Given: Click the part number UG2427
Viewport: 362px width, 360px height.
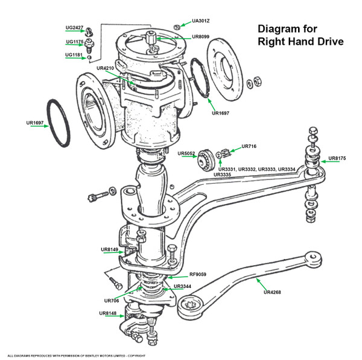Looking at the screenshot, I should (x=75, y=27).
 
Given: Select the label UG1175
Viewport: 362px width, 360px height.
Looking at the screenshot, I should (x=75, y=42).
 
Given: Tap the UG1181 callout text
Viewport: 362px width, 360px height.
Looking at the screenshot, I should (x=75, y=55).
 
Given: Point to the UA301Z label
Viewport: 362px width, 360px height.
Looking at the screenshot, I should (x=201, y=21).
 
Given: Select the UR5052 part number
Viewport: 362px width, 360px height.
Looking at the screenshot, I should (x=187, y=153).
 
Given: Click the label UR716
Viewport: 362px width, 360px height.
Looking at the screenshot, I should (x=249, y=146).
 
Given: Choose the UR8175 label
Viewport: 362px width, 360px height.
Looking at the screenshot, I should (x=337, y=159).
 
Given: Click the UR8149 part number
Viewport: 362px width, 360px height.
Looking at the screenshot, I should (x=110, y=249).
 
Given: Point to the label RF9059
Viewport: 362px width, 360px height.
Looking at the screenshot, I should (x=198, y=274).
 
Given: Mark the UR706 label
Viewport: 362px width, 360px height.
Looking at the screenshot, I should (x=112, y=300).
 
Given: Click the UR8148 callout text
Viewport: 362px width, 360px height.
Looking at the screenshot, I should (x=109, y=313).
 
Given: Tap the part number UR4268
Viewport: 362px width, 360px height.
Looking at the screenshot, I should (x=273, y=292).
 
